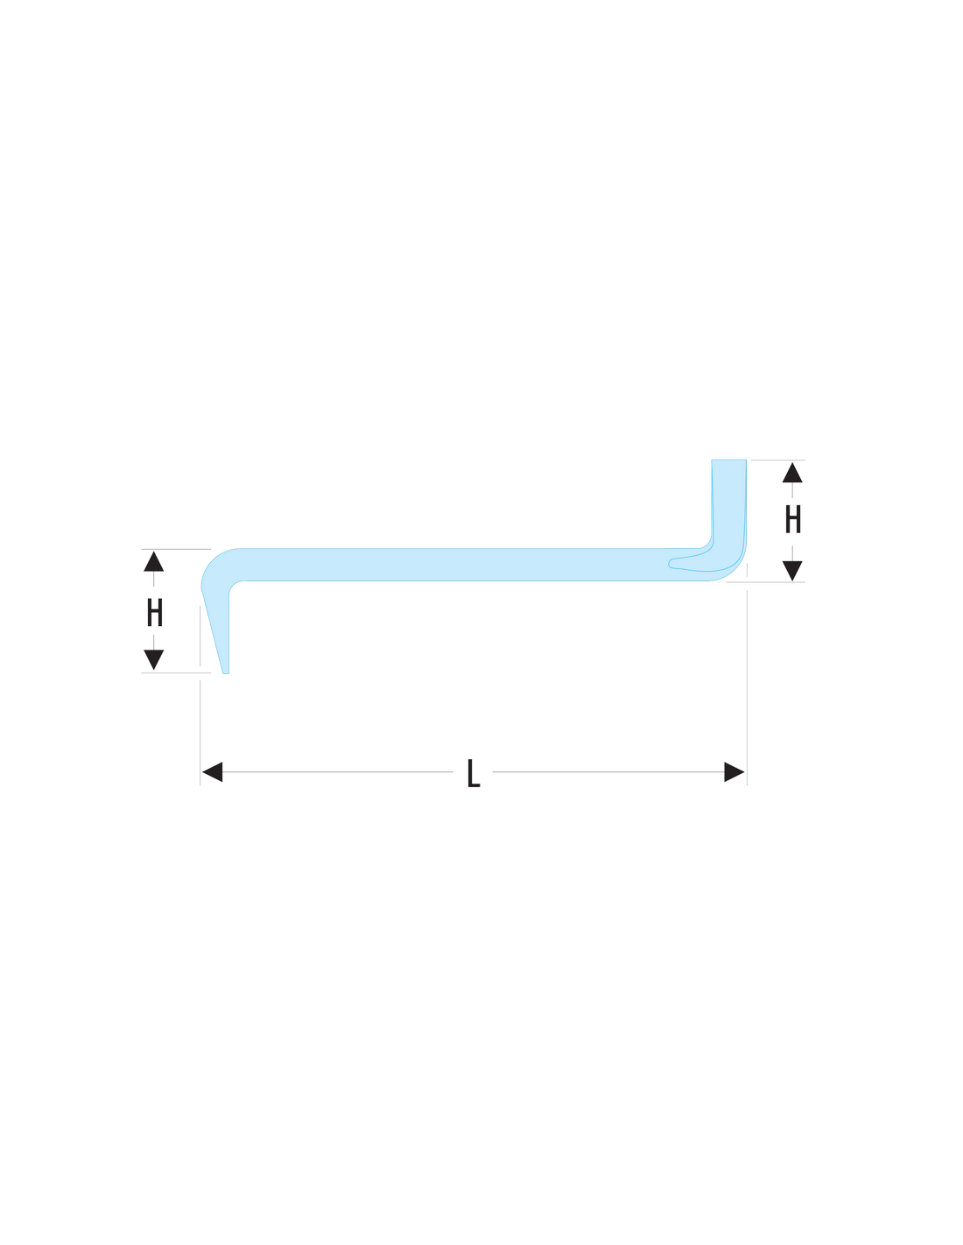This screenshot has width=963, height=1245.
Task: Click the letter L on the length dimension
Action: click(x=474, y=773)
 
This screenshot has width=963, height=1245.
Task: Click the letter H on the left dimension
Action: click(x=155, y=612)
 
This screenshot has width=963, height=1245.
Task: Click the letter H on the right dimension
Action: click(x=793, y=519)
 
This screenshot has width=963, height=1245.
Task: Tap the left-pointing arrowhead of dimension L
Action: click(x=212, y=771)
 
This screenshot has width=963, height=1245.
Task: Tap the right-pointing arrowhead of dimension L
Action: click(x=734, y=771)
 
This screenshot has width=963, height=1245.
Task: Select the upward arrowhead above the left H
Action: click(x=153, y=561)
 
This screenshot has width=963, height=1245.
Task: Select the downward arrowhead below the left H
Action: click(x=153, y=659)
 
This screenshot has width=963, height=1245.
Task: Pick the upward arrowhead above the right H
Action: click(x=792, y=473)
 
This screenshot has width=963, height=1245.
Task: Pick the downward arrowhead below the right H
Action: click(x=792, y=571)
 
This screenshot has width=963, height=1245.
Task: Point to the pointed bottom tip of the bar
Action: click(x=226, y=672)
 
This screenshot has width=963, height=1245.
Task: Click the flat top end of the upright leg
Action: click(x=728, y=460)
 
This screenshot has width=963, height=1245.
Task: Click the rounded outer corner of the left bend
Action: click(x=211, y=559)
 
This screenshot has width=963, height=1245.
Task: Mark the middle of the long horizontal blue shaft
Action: click(x=470, y=565)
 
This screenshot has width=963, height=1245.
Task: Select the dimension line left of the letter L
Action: click(x=337, y=771)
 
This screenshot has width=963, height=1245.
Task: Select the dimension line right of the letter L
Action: click(x=608, y=771)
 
